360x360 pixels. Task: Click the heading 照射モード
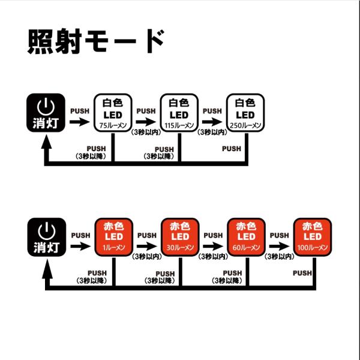point(96,41)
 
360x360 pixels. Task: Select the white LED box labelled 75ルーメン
point(113,113)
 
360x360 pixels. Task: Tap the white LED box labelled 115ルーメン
point(179,113)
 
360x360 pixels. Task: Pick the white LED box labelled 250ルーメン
point(245,113)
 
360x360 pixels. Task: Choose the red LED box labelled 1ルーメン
point(114,237)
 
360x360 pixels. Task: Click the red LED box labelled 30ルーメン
point(180,237)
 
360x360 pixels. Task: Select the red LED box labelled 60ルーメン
point(247,237)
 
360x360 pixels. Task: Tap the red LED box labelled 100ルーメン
point(313,237)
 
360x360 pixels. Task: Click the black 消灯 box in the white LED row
point(46,113)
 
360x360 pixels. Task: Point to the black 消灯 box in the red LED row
point(47,237)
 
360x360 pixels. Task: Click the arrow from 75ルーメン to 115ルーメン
point(146,122)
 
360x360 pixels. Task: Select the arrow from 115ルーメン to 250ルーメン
point(212,122)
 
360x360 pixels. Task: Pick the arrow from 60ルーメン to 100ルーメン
point(280,247)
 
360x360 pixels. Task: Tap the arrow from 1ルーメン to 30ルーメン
point(147,247)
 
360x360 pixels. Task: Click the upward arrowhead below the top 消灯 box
point(47,142)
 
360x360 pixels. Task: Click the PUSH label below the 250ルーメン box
point(232,149)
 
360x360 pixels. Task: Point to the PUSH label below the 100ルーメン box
point(302,273)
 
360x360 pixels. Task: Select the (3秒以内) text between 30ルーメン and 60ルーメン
point(213,256)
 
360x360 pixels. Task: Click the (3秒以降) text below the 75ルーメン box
point(91,156)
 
